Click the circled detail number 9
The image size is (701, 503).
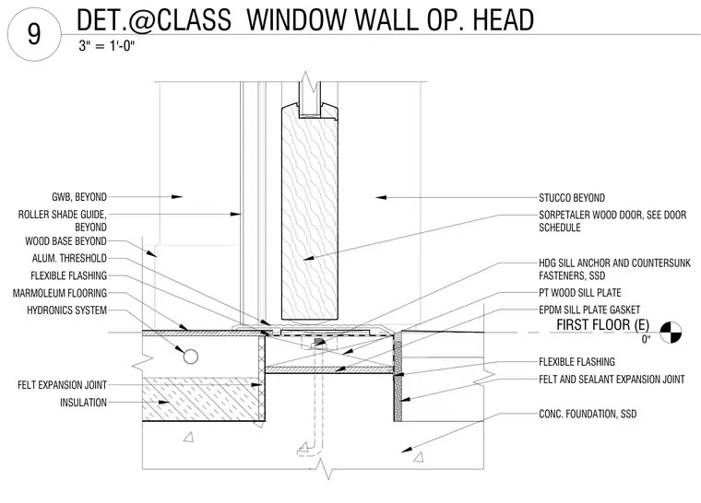34,34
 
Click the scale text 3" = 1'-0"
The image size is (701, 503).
107,45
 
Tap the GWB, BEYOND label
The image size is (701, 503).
79,197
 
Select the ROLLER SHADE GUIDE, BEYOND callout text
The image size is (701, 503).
62,221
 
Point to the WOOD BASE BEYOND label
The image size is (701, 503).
65,241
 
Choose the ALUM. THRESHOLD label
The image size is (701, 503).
69,258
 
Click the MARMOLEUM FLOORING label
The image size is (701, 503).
60,293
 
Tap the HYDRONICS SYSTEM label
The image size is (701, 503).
66,310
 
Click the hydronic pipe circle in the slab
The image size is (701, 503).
190,357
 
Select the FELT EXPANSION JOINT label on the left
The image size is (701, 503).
62,385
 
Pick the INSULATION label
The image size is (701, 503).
84,403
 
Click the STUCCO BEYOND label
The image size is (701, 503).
572,198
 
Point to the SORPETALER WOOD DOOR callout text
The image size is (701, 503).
612,221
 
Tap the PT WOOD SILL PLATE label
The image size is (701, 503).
580,293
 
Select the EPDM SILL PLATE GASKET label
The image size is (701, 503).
589,310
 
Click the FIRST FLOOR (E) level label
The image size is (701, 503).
602,325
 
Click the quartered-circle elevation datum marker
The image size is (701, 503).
671,333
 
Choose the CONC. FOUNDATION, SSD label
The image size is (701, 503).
588,414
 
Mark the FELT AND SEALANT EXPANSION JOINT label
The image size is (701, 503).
612,380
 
